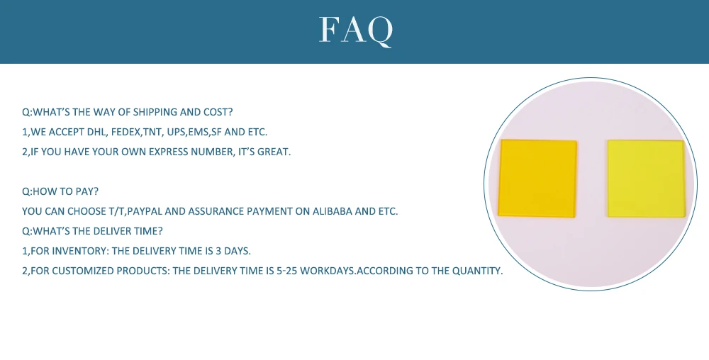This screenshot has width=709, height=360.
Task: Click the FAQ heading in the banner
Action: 356,30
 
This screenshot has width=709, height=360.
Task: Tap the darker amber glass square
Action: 537,178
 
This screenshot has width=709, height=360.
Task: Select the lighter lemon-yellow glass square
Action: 646,179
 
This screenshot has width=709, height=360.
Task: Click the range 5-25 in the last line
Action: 286,271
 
